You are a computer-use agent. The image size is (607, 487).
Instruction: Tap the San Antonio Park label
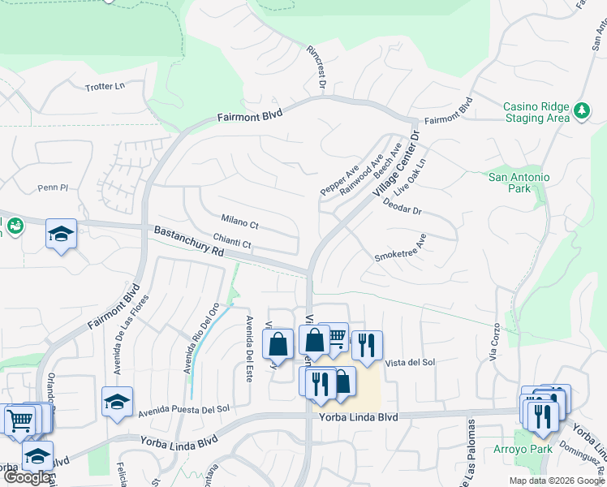coord(519,183)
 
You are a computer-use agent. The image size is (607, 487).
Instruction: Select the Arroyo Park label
coord(521,449)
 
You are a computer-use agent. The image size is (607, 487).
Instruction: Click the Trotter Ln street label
coord(105,86)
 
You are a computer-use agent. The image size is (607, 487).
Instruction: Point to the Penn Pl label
coord(54,187)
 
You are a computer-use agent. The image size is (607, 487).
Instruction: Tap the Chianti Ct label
coord(233,241)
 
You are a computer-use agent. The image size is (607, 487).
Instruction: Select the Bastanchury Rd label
coord(188,243)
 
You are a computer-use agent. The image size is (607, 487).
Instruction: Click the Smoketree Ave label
coord(400,248)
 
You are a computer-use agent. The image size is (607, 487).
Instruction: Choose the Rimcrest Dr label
coord(316,67)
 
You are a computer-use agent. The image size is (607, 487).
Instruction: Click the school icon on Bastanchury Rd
coord(62,234)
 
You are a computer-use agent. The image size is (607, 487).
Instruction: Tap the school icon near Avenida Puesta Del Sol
coord(117,402)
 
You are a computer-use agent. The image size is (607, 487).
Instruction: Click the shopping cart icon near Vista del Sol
coord(334,338)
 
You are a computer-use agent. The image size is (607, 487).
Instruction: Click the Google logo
coord(27,477)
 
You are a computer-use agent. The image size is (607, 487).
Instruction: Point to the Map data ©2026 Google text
coord(556,481)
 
